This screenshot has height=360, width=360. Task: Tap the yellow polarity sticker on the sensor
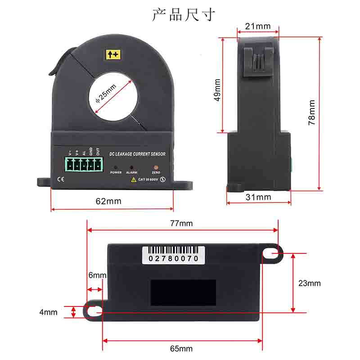[x=113, y=55]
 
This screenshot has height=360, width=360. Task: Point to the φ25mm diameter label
[x=106, y=94]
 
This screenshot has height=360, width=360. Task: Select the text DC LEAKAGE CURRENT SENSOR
[x=137, y=154]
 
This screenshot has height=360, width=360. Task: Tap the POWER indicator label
[x=116, y=172]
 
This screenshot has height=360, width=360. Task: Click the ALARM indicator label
[x=131, y=172]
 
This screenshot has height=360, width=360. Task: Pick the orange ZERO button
[x=156, y=166]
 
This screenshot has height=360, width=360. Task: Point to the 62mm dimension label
[x=108, y=201]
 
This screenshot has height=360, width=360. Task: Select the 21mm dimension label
[x=258, y=27]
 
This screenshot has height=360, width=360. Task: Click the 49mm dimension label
[x=218, y=90]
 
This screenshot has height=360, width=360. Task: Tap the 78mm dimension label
[x=311, y=112]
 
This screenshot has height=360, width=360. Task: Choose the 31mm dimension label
[x=258, y=197]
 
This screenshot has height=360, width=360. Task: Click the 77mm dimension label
[x=181, y=223]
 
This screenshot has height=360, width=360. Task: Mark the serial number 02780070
[x=171, y=259]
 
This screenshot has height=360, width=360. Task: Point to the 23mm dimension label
[x=310, y=283]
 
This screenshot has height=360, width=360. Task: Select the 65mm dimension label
[x=181, y=349]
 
